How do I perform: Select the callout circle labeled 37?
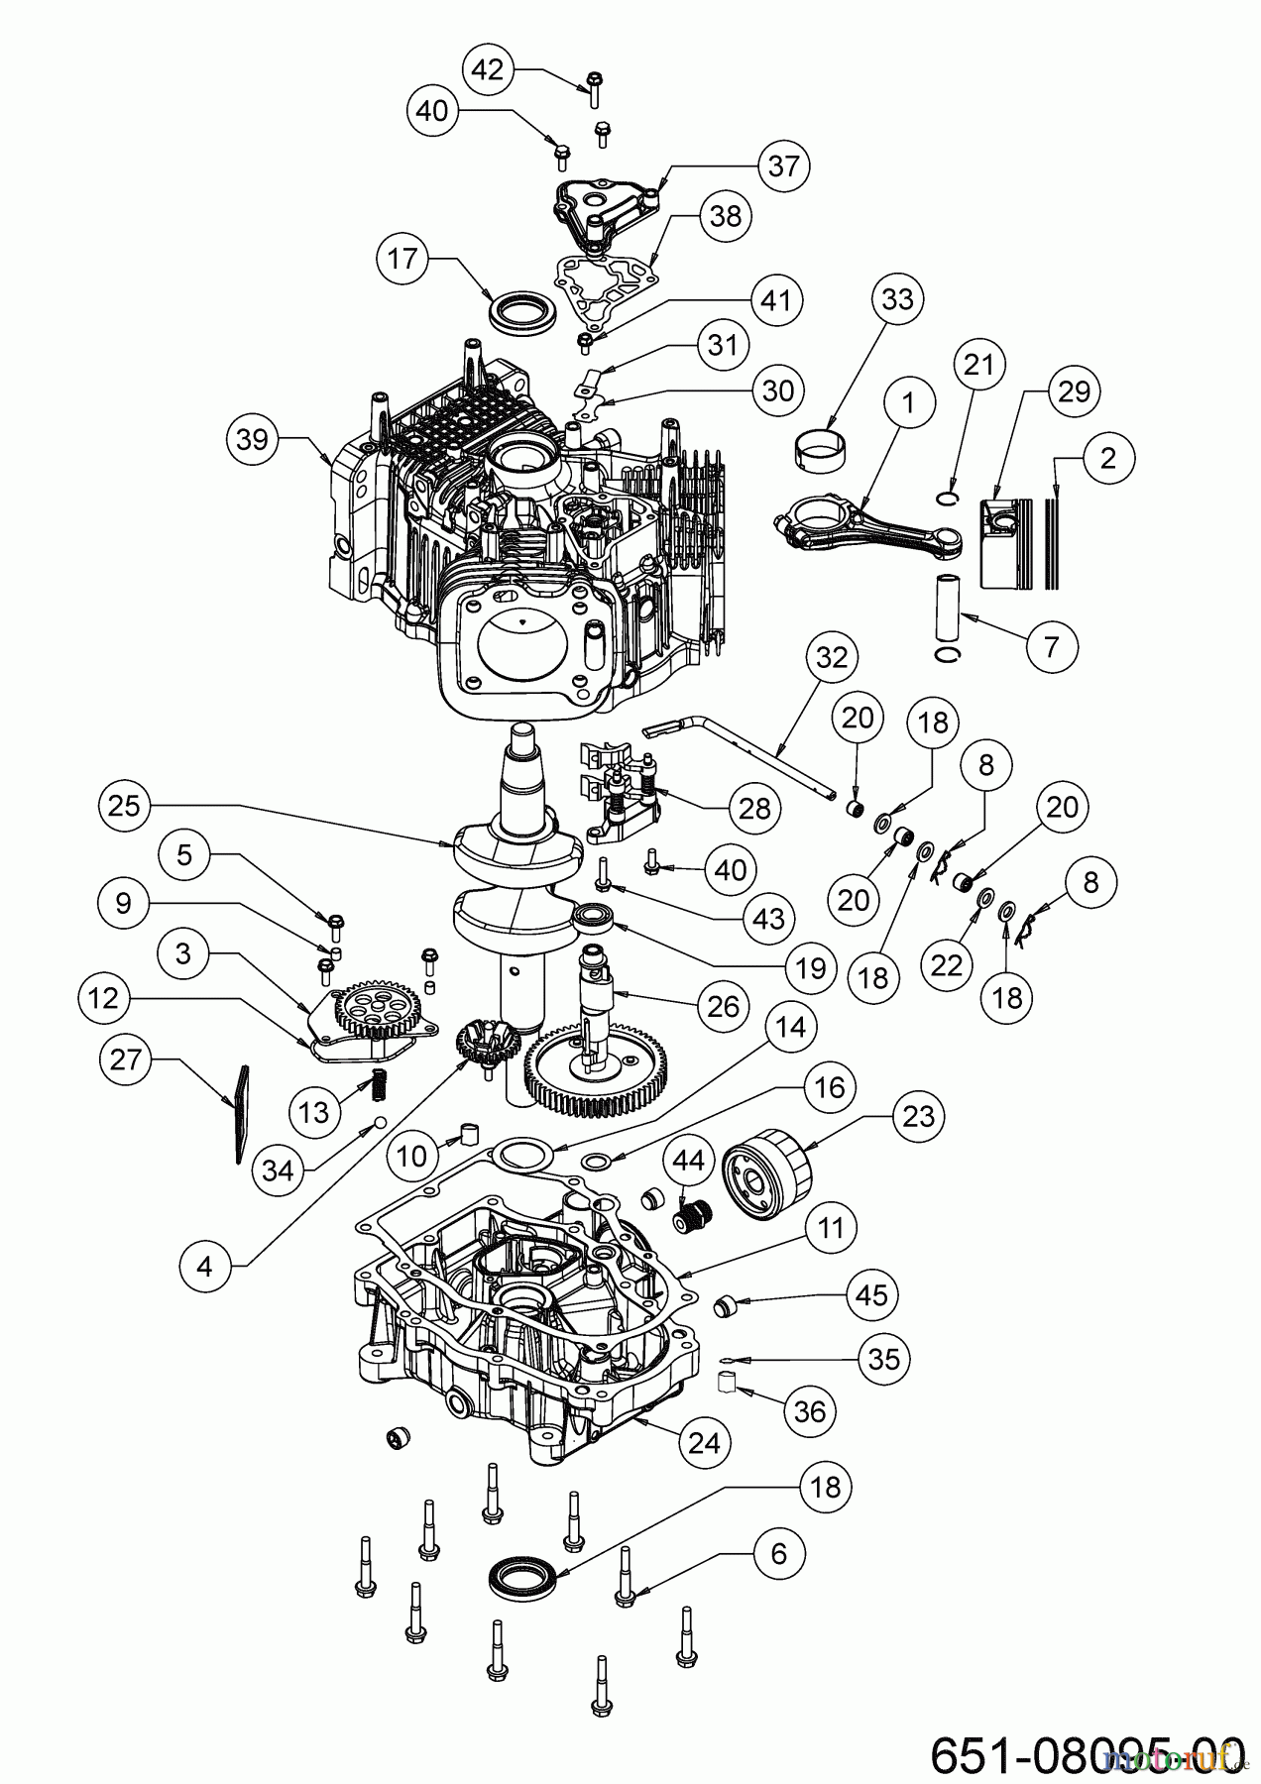click(783, 166)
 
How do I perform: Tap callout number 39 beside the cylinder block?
click(253, 438)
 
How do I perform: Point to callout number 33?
click(897, 298)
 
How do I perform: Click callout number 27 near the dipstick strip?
click(125, 1060)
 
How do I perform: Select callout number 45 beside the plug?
click(873, 1294)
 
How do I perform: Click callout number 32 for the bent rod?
click(831, 657)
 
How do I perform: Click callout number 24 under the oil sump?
click(704, 1442)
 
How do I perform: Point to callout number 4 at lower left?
click(204, 1267)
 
